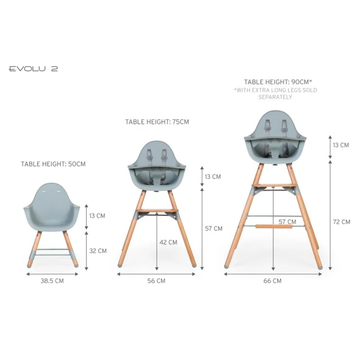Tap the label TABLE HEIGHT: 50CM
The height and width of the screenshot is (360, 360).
(x=53, y=164)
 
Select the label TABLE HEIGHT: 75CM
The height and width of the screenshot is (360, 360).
(x=157, y=122)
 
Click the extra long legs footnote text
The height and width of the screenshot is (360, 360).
(x=275, y=93)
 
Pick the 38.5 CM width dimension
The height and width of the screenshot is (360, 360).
(x=52, y=281)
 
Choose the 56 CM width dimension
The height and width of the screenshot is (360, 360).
(x=157, y=281)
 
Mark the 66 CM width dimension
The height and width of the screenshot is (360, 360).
(x=273, y=281)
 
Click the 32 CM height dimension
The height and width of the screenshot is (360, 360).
(x=98, y=251)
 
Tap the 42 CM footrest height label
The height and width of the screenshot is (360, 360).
(x=169, y=242)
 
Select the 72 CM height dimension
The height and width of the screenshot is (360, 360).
(x=341, y=222)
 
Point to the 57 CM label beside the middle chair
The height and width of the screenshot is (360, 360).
(x=214, y=228)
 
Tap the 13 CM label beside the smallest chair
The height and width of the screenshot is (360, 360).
(x=97, y=215)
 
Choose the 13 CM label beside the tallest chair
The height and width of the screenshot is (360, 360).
(x=341, y=145)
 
